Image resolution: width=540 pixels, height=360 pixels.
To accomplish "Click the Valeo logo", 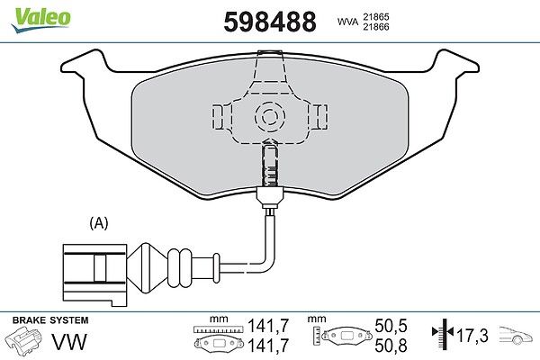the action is [x=41, y=20].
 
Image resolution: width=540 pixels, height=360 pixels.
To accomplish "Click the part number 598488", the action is [x=270, y=22].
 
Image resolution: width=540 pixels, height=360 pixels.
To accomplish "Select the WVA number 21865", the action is [x=375, y=16].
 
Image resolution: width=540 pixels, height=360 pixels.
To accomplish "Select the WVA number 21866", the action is [x=375, y=27].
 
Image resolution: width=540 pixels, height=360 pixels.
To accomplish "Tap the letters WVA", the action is [x=347, y=22].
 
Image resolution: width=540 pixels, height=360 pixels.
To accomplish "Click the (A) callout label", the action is [x=99, y=223].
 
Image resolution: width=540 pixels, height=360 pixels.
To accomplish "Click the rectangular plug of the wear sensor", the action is [x=94, y=274].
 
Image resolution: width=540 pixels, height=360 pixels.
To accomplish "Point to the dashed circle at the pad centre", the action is [x=270, y=116].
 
